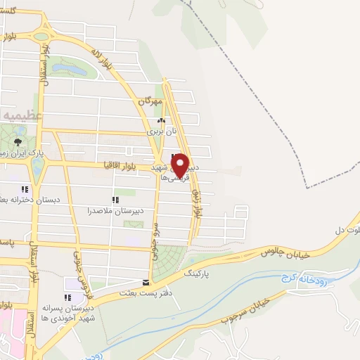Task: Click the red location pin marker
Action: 181,165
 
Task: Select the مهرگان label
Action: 150,102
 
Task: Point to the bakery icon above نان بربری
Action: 161,120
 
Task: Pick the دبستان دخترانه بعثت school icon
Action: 25,188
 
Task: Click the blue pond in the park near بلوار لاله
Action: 72,68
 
